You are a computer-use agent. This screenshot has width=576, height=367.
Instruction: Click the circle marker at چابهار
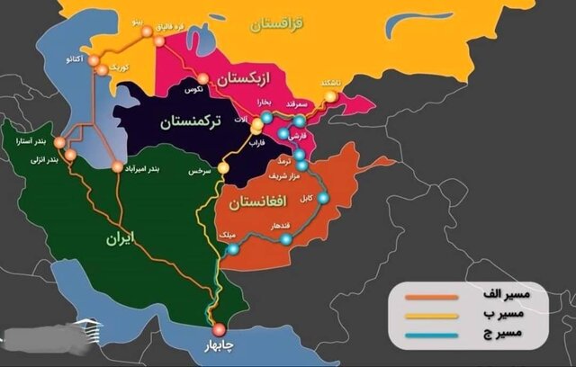[216, 328]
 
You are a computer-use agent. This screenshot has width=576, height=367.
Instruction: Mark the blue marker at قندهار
[286, 238]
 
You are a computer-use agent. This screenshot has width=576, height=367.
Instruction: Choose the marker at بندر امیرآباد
[117, 166]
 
